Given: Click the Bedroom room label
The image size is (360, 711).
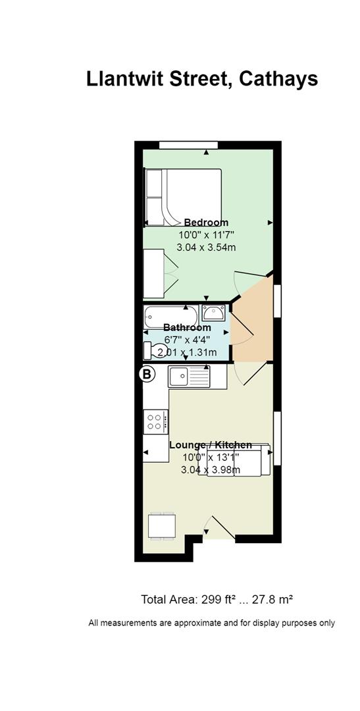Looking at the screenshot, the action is [x=206, y=223].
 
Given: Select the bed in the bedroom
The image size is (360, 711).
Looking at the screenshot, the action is [x=183, y=197].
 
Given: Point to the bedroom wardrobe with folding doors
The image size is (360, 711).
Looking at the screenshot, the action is [x=159, y=273].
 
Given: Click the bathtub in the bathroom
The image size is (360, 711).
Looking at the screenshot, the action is [x=171, y=317].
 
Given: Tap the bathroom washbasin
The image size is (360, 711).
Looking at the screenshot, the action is [x=213, y=313].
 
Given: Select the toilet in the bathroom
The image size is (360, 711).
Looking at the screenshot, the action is [x=153, y=350].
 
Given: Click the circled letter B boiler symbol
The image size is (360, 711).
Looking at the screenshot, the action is [x=147, y=375].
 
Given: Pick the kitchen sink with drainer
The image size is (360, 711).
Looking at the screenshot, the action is [x=189, y=377].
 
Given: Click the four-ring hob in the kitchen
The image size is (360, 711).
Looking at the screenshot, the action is [x=155, y=421].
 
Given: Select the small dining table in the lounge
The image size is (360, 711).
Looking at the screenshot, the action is [x=162, y=526].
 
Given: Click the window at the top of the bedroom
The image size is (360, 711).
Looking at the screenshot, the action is [x=189, y=145].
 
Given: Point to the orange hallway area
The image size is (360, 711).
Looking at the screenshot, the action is [x=252, y=326].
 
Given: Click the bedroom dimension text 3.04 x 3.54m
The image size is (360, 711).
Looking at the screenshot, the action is [x=206, y=247].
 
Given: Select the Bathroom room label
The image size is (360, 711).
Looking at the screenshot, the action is [x=188, y=327].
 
